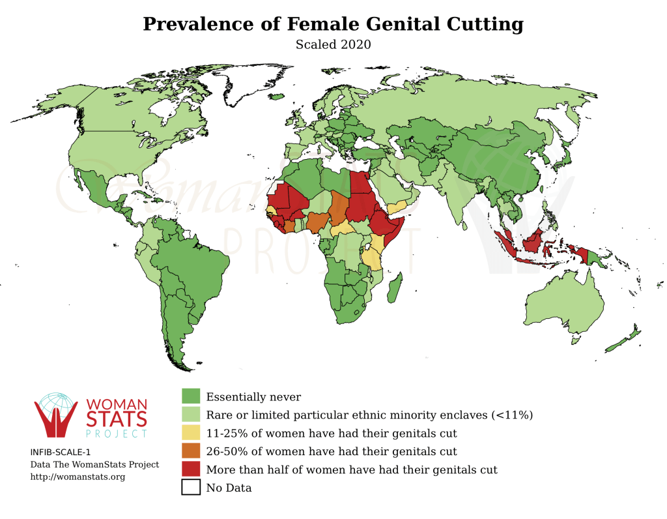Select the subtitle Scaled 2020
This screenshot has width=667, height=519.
[x=333, y=45]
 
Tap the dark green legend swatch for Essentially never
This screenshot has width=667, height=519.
[x=190, y=396]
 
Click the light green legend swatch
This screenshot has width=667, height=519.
[x=190, y=414]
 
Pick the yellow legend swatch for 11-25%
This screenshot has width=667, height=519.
[x=190, y=432]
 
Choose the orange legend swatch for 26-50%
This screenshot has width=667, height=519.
[x=190, y=451]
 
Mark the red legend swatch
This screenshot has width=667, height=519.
[x=190, y=469]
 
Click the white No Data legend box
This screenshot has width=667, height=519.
[x=190, y=487]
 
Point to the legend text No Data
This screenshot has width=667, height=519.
[x=229, y=488]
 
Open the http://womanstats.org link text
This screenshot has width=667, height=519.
[x=78, y=477]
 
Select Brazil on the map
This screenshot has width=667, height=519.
[x=195, y=267]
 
